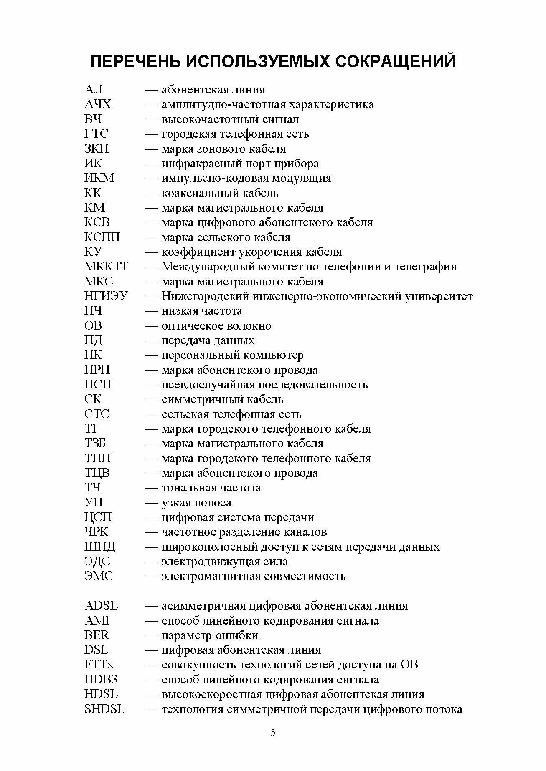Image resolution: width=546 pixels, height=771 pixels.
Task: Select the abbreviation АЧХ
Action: [98, 104]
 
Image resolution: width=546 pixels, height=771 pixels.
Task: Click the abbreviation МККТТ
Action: [107, 267]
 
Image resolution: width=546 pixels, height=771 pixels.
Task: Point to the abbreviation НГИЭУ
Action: [106, 296]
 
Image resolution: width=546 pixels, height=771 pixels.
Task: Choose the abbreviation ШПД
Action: [100, 547]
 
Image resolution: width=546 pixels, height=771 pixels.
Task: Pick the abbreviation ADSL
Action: [101, 606]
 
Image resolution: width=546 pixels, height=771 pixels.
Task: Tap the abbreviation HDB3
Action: [101, 680]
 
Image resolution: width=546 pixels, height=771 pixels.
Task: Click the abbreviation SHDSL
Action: [104, 709]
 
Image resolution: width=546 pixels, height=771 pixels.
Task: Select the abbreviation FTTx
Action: [99, 665]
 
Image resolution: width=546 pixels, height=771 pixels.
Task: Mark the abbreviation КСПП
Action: [102, 237]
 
